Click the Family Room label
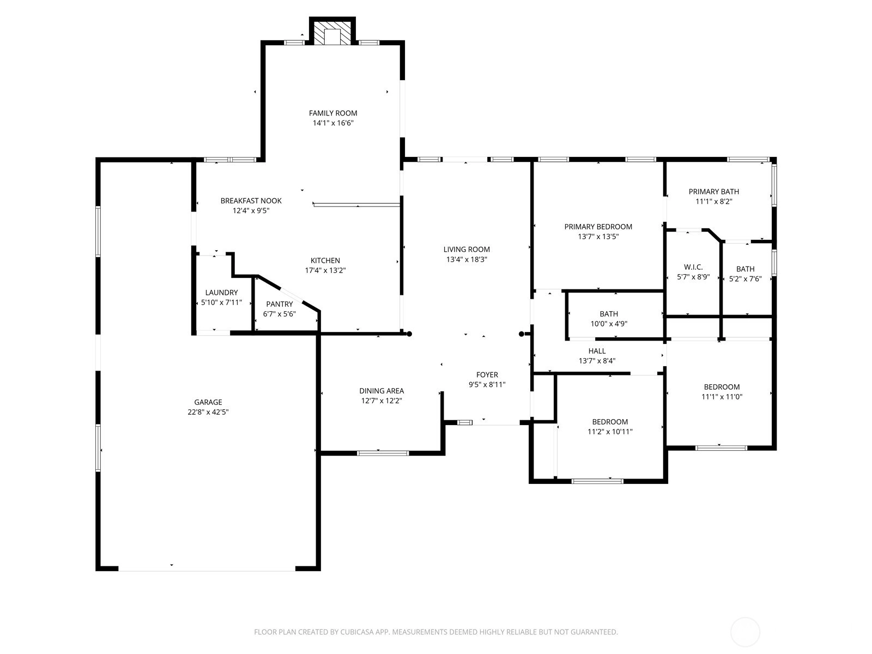[x=333, y=113]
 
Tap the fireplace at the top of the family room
[x=332, y=32]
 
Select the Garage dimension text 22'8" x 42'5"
[x=208, y=412]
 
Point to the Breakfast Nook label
[x=251, y=201]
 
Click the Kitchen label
[x=325, y=261]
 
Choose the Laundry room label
[x=222, y=293]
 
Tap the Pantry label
[x=279, y=304]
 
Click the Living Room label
[x=467, y=250]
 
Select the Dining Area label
[x=382, y=391]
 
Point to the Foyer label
[x=487, y=375]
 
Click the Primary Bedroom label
[x=598, y=227]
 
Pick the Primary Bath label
[x=714, y=191]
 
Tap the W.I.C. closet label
[x=693, y=267]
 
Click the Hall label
[x=597, y=351]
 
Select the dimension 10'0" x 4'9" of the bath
[x=609, y=324]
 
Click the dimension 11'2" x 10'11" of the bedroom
[x=610, y=432]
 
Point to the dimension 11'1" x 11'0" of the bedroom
[x=722, y=397]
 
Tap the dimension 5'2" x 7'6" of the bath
[x=745, y=278]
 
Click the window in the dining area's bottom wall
[x=383, y=453]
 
